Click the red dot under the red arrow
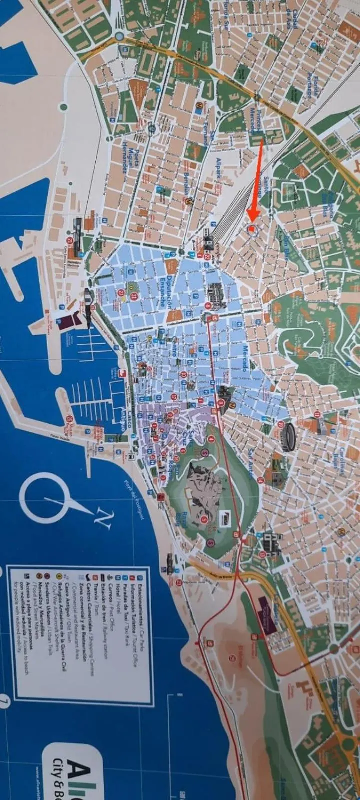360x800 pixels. click(252, 229)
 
